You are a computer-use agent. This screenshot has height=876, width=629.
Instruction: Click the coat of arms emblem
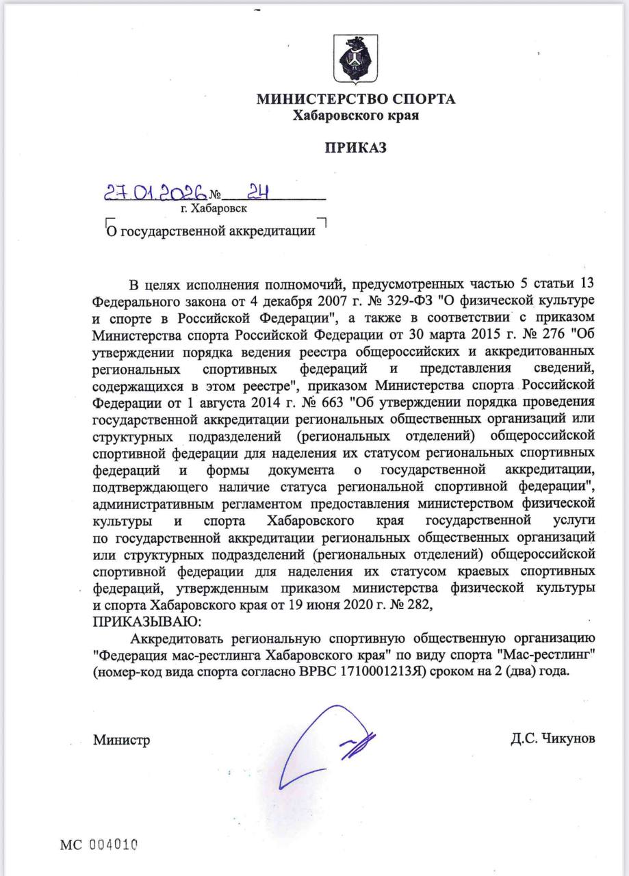click(356, 60)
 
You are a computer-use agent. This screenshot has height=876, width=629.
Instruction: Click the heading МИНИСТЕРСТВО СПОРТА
click(356, 100)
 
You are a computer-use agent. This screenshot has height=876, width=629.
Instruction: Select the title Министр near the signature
click(121, 739)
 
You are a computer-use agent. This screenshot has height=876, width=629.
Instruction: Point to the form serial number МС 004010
click(99, 845)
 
